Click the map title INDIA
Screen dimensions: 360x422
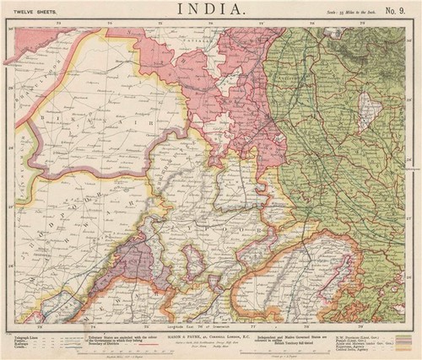210,10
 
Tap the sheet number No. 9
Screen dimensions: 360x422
396,11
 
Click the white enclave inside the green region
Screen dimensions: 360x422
365,110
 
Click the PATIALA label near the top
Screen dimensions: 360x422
203,39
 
